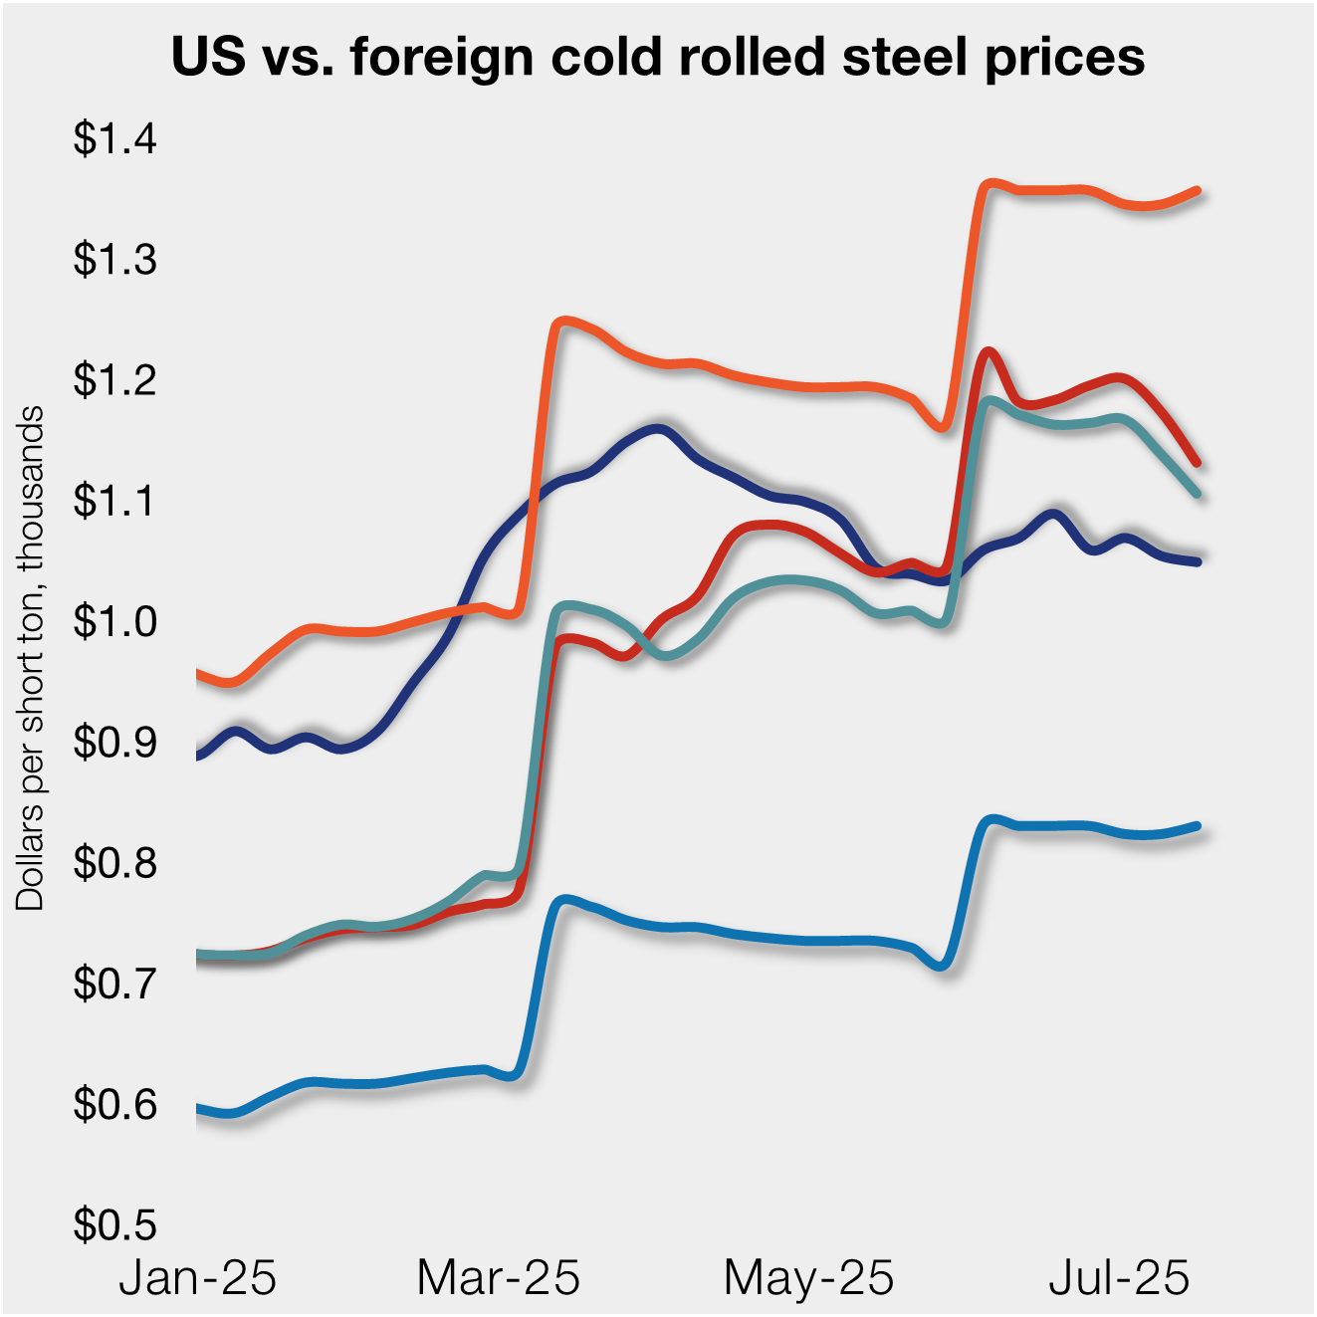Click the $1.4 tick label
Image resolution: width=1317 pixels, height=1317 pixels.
114,138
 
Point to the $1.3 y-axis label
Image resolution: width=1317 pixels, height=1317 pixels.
114,259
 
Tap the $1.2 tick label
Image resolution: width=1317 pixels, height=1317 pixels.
114,379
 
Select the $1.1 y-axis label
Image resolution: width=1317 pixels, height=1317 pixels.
114,501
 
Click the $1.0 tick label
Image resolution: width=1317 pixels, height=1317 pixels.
114,621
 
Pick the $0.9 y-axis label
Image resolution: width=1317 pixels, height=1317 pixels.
114,742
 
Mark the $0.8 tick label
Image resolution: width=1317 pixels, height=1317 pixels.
114,862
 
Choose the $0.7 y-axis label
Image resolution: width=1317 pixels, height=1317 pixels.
114,984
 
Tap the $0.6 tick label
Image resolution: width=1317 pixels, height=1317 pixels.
114,1104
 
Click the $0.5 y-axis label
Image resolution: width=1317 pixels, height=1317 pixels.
114,1224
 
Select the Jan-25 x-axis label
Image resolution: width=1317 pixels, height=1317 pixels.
197,1277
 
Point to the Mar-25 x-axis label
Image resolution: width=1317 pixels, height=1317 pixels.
498,1277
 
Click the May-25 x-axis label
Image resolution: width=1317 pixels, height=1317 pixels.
808,1277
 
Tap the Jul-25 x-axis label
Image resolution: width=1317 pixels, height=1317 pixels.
1119,1277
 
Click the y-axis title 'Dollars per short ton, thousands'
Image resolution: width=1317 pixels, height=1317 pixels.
30,657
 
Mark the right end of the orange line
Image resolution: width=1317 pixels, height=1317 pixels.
1197,190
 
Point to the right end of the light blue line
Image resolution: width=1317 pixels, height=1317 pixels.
1197,826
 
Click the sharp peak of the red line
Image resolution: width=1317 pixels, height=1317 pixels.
988,351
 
